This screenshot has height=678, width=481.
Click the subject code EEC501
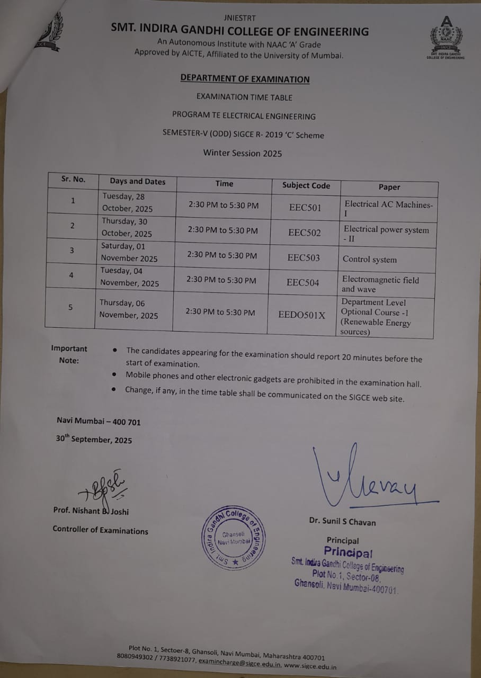305,207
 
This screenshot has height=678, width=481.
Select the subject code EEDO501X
301,315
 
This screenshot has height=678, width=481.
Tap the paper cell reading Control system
377,260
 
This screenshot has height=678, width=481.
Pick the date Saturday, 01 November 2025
129,253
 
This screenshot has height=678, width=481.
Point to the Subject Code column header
306,185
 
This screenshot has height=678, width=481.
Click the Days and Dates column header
138,181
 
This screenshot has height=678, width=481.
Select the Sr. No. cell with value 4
70,274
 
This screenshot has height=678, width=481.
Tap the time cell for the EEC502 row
223,230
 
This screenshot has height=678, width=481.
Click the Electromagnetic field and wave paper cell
380,284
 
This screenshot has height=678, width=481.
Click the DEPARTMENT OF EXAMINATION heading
245,79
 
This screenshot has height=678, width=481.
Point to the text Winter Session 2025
243,153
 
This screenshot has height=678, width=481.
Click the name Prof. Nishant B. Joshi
91,511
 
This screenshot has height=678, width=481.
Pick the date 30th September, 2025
94,439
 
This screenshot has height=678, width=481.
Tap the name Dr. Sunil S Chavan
342,522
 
